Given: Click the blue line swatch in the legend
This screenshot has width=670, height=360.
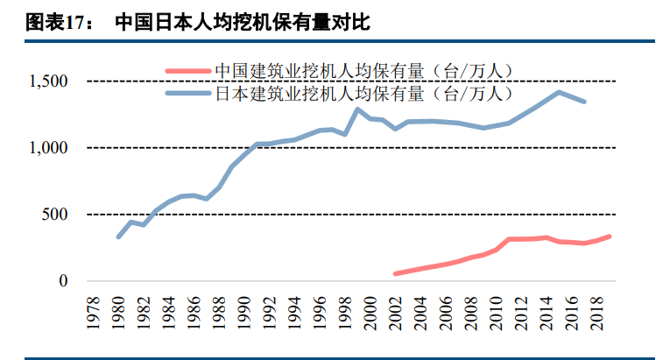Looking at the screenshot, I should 188,92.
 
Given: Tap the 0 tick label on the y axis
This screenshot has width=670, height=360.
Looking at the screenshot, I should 63,281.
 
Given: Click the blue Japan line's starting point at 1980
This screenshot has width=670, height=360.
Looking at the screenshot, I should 118,236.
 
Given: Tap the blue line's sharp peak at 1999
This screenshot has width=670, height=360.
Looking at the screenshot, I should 357,109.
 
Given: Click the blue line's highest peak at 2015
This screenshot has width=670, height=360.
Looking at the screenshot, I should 559,92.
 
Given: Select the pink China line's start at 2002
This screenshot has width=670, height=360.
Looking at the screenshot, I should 396,274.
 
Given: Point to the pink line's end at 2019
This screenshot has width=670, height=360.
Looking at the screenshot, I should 610,236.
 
